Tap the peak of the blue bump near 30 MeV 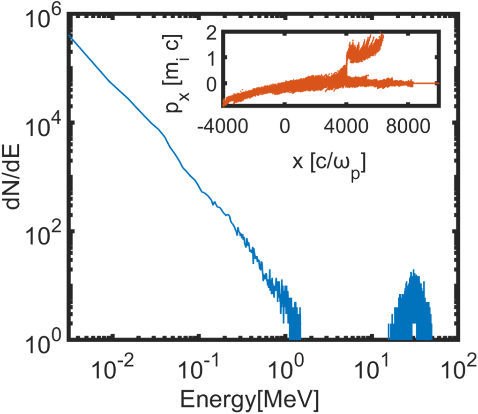pyautogui.click(x=413, y=271)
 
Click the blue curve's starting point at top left pyautogui.click(x=69, y=35)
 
